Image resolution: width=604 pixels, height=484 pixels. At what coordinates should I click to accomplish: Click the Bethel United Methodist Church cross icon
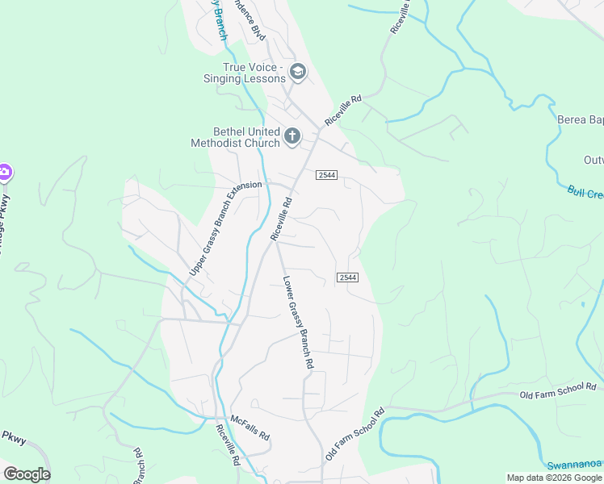(x=292, y=136)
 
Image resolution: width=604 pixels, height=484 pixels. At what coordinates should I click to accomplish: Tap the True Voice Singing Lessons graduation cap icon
(x=298, y=72)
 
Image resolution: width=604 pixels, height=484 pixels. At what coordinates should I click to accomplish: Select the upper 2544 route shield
(x=326, y=175)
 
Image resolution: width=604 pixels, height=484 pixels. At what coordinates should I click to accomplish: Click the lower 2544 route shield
(x=347, y=277)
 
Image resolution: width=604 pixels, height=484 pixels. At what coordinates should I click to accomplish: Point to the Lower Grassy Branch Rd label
(x=297, y=323)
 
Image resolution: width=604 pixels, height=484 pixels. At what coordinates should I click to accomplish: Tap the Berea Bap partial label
(x=581, y=120)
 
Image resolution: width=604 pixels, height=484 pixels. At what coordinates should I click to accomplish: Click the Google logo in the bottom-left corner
(x=27, y=474)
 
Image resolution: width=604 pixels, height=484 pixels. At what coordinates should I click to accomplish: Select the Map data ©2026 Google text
(x=555, y=478)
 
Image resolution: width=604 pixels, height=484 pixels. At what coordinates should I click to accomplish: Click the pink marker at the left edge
(x=4, y=172)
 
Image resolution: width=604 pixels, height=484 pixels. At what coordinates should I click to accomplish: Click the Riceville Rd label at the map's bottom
(x=228, y=444)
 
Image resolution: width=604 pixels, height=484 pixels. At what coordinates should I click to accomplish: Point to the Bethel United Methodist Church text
(x=235, y=137)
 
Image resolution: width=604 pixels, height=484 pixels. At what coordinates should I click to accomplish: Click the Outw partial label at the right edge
(x=593, y=161)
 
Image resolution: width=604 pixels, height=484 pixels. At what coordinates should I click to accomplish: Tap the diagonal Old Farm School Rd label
(x=354, y=435)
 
